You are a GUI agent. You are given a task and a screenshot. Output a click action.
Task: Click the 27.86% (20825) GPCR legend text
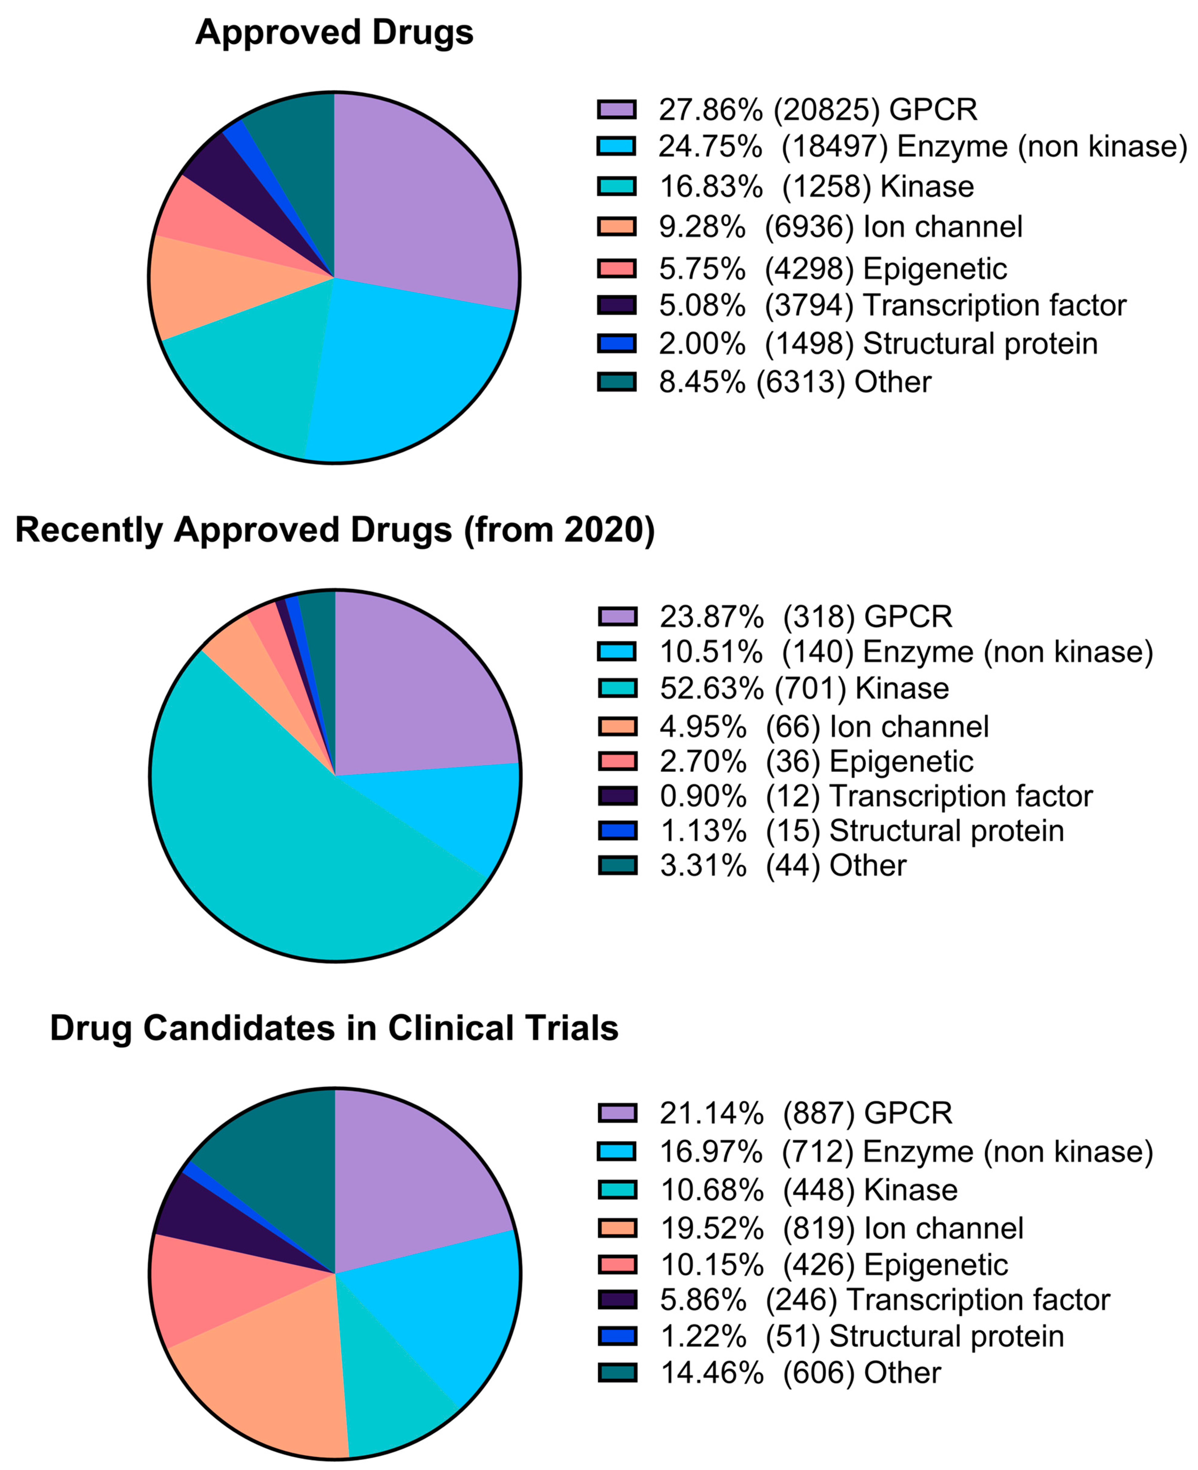pos(818,109)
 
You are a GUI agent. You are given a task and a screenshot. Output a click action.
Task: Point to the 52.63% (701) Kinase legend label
pos(804,688)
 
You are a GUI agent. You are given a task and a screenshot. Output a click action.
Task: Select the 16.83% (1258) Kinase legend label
pos(816,186)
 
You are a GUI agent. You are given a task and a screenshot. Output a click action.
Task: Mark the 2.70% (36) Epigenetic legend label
pos(816,761)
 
